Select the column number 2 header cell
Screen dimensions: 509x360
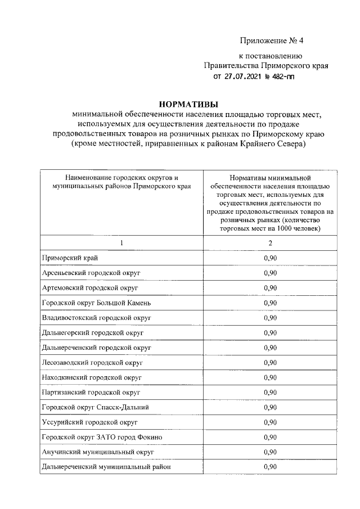click(270, 242)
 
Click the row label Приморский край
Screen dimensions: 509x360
click(70, 258)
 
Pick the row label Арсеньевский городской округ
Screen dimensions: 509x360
click(91, 273)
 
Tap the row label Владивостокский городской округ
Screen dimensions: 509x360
click(97, 318)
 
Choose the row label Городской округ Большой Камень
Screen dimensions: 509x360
click(96, 303)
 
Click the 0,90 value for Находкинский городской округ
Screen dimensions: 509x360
click(270, 377)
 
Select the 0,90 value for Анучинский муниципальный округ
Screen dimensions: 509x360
click(270, 452)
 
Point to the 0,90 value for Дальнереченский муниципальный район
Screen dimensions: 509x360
click(270, 466)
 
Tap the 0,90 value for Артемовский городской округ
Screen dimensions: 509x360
click(270, 288)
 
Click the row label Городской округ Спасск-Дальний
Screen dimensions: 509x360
click(95, 407)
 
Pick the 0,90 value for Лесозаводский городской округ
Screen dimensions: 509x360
click(270, 362)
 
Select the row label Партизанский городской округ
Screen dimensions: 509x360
click(91, 392)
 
